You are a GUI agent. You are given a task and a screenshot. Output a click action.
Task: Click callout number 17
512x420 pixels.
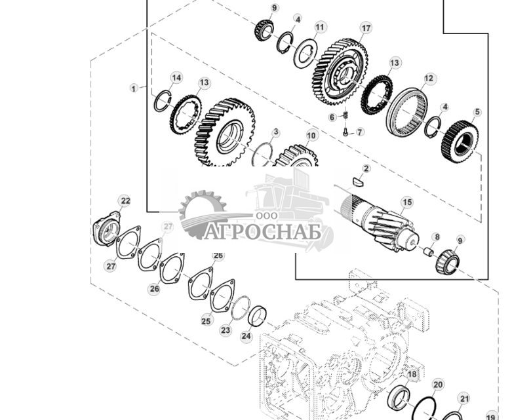(x=366, y=28)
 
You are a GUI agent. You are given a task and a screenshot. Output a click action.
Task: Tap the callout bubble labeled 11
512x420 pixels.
(x=319, y=27)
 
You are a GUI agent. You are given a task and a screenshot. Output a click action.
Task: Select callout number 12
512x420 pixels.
(x=429, y=79)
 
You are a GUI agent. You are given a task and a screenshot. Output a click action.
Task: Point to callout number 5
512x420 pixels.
(x=477, y=112)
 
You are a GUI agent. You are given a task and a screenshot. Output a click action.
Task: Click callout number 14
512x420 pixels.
(x=176, y=78)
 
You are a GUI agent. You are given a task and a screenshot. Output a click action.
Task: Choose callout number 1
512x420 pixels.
(x=134, y=87)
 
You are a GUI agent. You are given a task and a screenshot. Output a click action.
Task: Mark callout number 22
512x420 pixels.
(x=125, y=200)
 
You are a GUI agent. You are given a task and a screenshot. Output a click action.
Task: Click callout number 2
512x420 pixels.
(x=366, y=168)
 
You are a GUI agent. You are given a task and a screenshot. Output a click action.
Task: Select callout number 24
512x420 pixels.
(x=246, y=337)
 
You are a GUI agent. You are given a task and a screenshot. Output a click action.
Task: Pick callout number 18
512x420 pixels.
(x=412, y=375)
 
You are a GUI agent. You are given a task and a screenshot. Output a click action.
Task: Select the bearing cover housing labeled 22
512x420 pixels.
(x=106, y=229)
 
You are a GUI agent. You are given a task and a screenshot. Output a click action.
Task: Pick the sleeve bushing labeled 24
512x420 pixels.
(x=259, y=316)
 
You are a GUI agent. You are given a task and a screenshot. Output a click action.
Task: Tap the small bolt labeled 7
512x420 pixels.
(x=345, y=131)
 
